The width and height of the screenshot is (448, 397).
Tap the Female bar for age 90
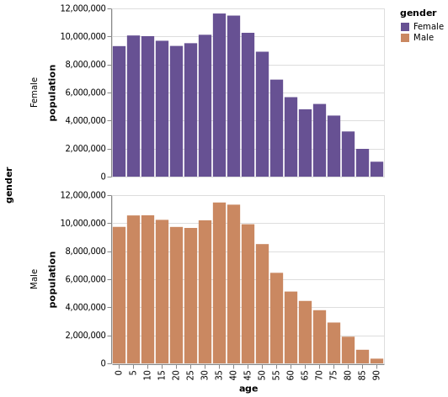coord(376,169)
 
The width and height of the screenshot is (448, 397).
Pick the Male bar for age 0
coord(119,294)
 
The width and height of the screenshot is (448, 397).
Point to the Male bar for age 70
coord(319,336)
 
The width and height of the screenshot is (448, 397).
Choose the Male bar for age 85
coord(362,357)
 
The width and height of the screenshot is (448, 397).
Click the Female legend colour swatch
coord(405,27)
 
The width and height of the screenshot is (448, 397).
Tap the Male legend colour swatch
coord(405,38)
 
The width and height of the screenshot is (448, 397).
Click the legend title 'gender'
coord(418,13)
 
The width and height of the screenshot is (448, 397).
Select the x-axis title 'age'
coord(248,389)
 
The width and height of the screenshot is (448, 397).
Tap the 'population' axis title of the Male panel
coord(52,279)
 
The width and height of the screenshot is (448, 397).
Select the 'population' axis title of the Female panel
coord(52,93)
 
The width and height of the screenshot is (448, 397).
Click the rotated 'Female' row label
coord(35,93)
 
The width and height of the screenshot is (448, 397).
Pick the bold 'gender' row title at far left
coord(9,185)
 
